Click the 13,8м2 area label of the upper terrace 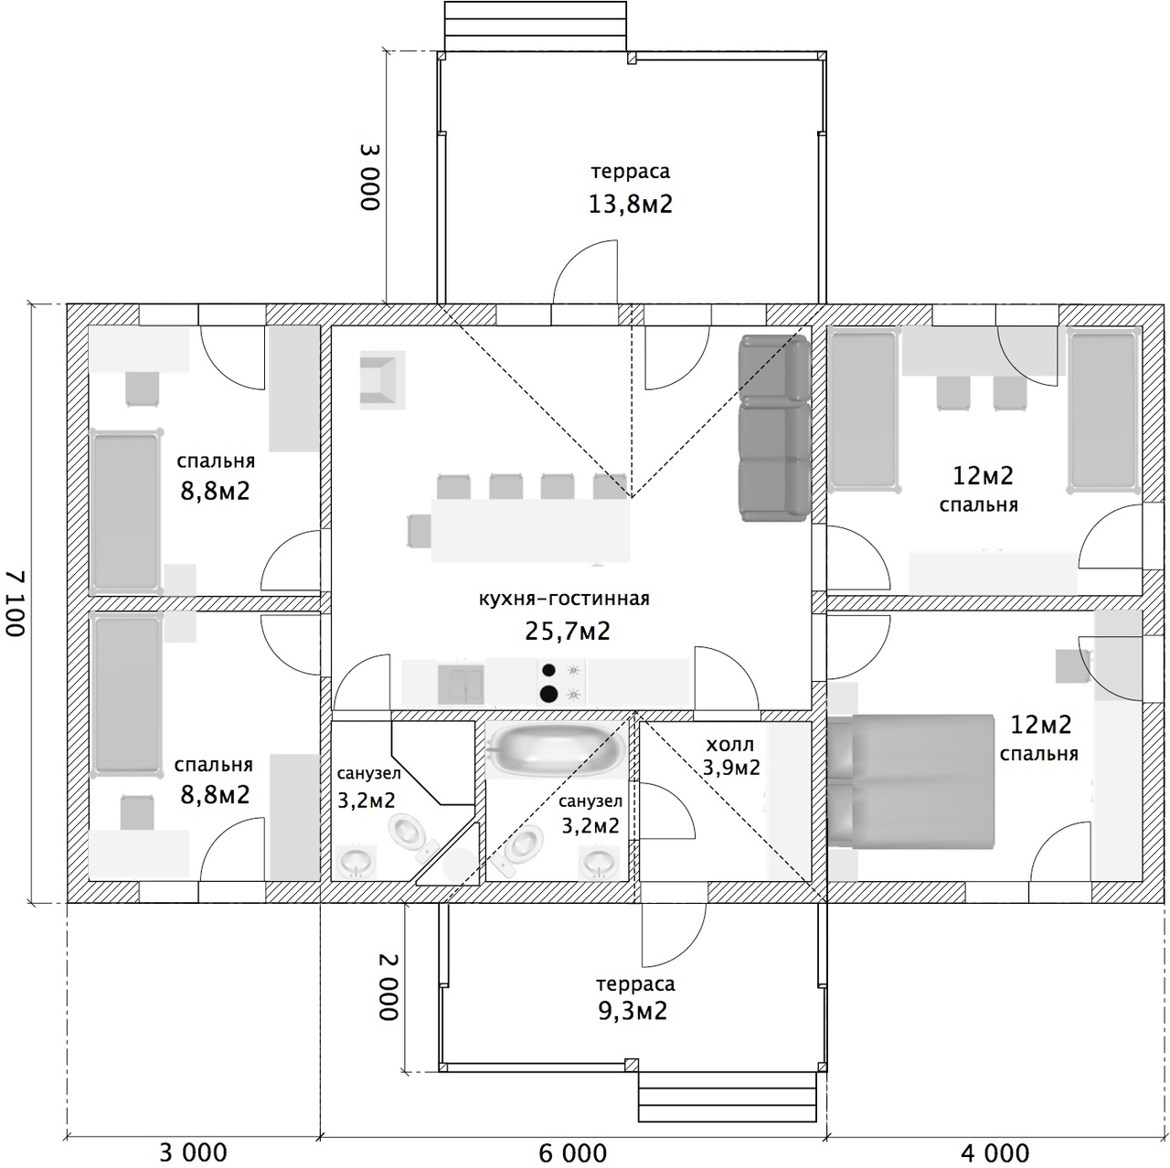(630, 204)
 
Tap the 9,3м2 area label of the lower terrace (633, 1011)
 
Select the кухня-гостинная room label (564, 599)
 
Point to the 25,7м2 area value (567, 632)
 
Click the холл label (729, 744)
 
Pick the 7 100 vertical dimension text (16, 603)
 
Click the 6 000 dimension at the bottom (572, 1152)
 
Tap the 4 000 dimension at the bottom (995, 1152)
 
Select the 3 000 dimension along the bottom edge (193, 1152)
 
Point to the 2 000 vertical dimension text (388, 986)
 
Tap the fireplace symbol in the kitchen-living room (382, 380)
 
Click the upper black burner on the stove (548, 670)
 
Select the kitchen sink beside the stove (461, 685)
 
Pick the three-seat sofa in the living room (774, 429)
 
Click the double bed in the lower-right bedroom (911, 782)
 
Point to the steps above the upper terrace (536, 27)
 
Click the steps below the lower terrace (727, 1105)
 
